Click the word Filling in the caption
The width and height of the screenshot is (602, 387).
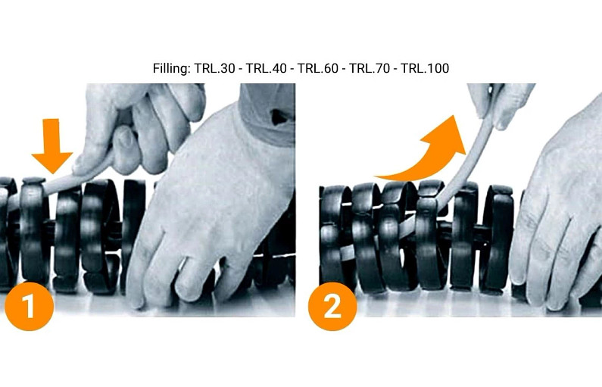(170, 69)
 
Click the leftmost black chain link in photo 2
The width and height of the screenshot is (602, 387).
(333, 235)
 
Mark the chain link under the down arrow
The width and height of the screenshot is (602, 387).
(33, 235)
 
